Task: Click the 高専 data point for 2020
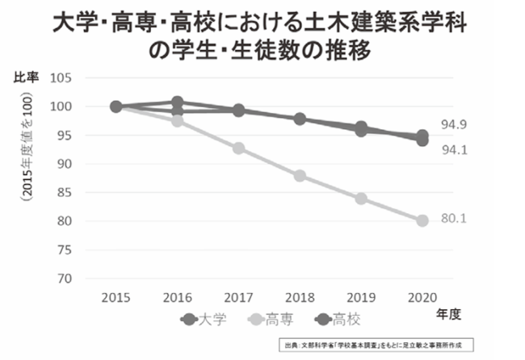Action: [x=422, y=220]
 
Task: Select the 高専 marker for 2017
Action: [x=238, y=149]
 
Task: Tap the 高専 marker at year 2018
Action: [x=300, y=176]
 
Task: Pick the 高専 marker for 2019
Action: [x=361, y=199]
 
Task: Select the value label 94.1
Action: [x=453, y=149]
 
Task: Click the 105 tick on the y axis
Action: [x=62, y=78]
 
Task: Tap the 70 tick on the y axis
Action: [x=65, y=278]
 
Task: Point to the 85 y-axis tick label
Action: [x=65, y=193]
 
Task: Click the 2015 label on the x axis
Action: [x=115, y=295]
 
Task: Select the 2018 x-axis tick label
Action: [x=300, y=295]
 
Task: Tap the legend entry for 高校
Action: [x=346, y=317]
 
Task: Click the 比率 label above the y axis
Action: [x=27, y=77]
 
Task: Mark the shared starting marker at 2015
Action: [x=115, y=107]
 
